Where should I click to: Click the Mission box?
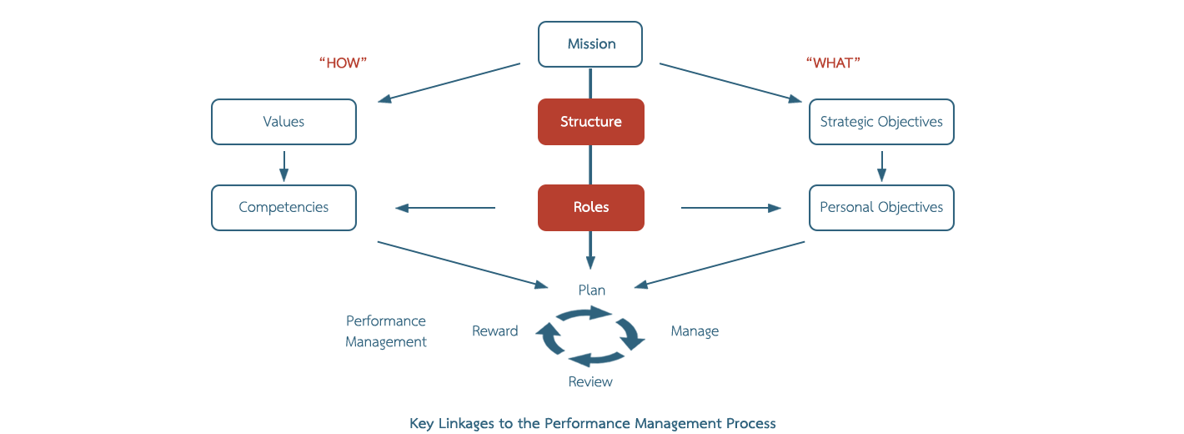click(590, 44)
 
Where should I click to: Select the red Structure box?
click(590, 122)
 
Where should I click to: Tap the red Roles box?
click(590, 208)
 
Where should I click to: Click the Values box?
click(283, 122)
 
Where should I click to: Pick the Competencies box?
click(283, 208)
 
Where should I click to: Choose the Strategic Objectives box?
click(881, 122)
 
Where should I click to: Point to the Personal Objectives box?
click(881, 208)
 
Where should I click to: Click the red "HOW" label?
click(344, 63)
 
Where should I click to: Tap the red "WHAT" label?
click(833, 63)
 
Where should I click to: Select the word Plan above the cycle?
click(592, 290)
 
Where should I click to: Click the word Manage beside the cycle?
click(695, 331)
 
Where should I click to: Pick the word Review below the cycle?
click(590, 381)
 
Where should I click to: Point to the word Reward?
click(494, 331)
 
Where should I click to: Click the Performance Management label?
click(386, 331)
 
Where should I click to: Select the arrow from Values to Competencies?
click(283, 165)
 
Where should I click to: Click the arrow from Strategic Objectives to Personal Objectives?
click(881, 165)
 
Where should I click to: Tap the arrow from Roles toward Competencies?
click(445, 208)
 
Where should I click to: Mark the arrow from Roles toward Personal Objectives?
click(731, 208)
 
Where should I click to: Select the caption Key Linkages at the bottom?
click(593, 423)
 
